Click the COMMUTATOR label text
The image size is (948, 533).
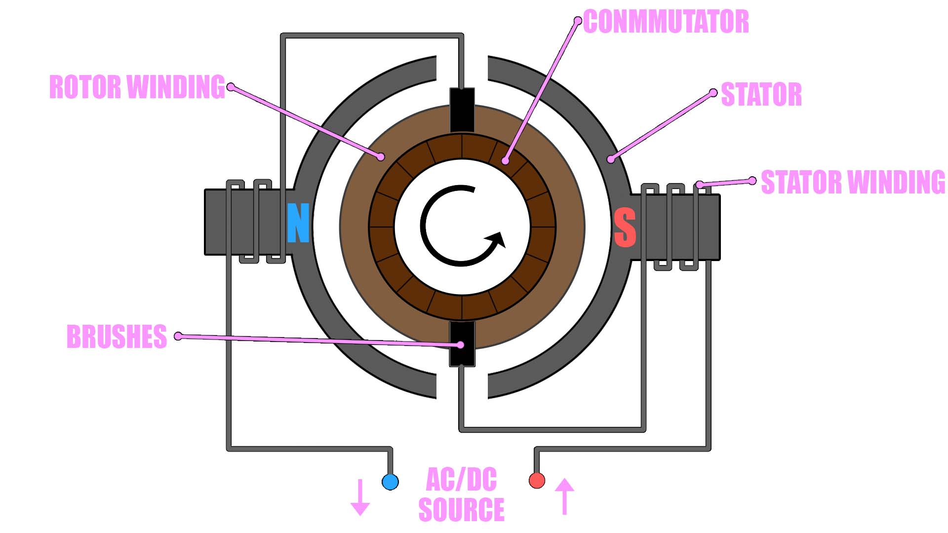666,22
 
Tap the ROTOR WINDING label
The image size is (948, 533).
137,87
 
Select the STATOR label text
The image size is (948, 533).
761,94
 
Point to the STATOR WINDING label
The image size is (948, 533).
853,182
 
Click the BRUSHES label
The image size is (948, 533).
117,337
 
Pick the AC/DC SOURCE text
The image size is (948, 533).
461,495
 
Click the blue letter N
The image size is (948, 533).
298,223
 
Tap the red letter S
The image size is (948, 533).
625,228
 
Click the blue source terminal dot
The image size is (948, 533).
390,482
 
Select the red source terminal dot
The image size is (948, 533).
537,480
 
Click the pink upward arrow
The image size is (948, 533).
564,495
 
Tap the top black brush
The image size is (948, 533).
462,110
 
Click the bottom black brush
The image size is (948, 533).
462,344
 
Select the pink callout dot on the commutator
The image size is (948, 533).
505,161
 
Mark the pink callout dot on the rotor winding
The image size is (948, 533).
381,157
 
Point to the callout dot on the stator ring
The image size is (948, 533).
611,159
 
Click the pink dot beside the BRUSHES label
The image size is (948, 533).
178,336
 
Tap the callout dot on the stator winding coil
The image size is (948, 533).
699,185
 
